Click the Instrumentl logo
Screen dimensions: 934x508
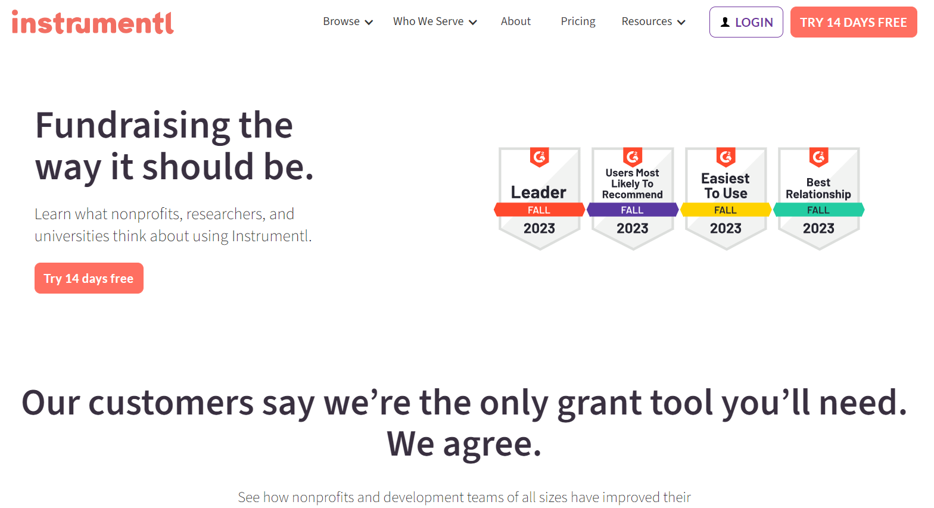(92, 22)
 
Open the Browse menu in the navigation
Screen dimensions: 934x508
(348, 21)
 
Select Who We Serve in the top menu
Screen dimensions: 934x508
(435, 21)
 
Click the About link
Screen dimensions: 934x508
(516, 21)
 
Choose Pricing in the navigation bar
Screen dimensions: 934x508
(578, 21)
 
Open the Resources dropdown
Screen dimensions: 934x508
(653, 21)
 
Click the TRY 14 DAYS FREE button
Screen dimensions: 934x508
(854, 22)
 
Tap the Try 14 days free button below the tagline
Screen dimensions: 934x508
(89, 278)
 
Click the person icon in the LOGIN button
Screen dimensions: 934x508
(725, 22)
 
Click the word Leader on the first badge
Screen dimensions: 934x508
(538, 192)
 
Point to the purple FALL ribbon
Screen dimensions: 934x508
(633, 210)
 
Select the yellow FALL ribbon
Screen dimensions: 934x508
(726, 210)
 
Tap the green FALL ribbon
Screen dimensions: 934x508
(818, 210)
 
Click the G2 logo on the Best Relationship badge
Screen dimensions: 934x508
(818, 157)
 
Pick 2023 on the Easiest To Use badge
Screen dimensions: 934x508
(726, 228)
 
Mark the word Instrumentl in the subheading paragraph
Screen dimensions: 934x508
(272, 236)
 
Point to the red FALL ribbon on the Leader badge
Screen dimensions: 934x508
(539, 210)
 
